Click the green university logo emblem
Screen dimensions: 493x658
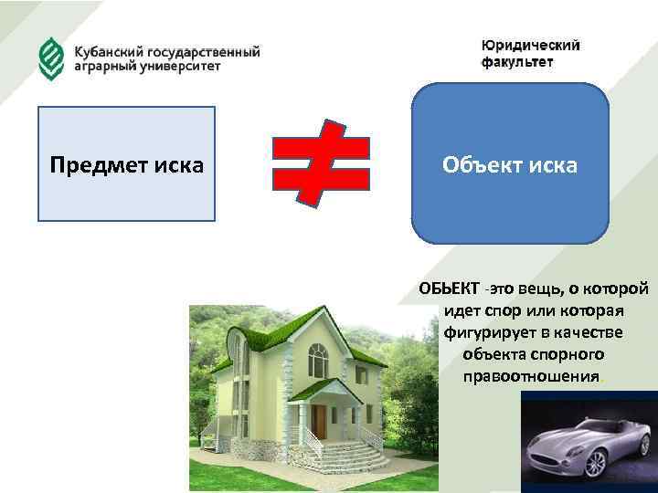pos(50,58)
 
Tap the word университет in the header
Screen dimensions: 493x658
pos(176,68)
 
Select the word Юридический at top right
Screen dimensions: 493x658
pos(531,46)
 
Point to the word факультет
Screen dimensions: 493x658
pos(517,62)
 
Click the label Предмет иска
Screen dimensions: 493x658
pos(126,165)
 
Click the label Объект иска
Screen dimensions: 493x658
pos(509,165)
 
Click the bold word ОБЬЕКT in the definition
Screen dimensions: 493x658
pos(448,289)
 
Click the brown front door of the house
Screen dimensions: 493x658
pos(319,421)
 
